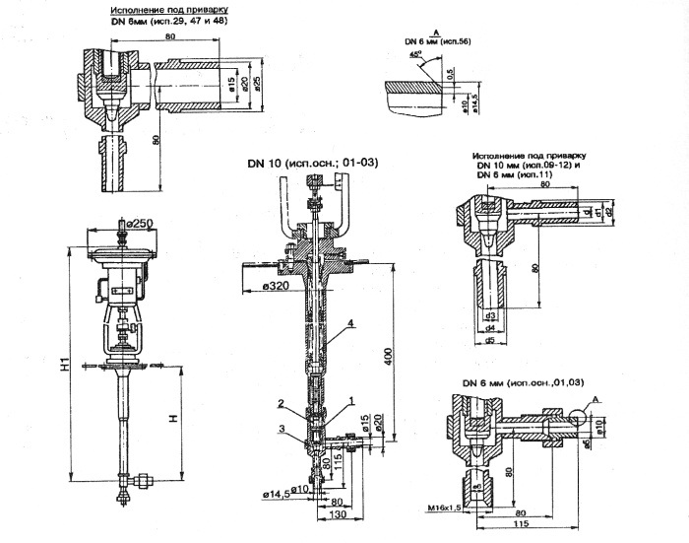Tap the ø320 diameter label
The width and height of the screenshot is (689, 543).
pos(259,287)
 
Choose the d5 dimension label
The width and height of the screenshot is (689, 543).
pos(489,341)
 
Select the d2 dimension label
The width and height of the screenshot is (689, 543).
pos(612,211)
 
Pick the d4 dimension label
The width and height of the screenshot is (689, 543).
pos(489,328)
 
